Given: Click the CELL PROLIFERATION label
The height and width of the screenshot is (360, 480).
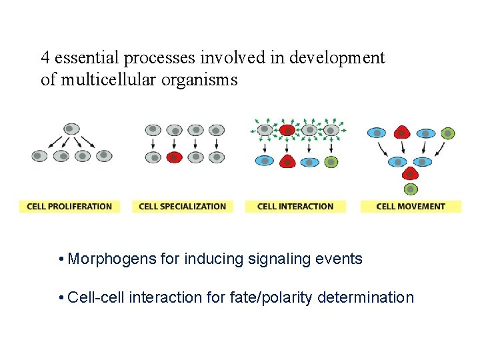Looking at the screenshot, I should coord(69,206).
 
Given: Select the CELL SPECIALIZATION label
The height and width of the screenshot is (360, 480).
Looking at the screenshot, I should coord(182,206).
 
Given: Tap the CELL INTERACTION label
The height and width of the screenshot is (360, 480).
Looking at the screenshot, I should coord(295,206).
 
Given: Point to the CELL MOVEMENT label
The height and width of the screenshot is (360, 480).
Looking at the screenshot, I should coord(411,206).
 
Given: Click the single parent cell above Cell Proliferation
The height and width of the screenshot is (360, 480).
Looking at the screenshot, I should coord(71,129).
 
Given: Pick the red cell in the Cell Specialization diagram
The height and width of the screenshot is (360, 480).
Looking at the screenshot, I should coord(173,157).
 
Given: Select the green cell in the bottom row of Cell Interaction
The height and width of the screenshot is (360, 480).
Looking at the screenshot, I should coord(330,161).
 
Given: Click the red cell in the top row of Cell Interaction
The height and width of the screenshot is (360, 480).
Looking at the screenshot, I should coord(287,129).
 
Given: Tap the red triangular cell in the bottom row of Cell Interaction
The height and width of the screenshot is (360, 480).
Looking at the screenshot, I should coord(287,161).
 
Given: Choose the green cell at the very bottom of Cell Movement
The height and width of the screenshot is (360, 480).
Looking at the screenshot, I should coord(411,189).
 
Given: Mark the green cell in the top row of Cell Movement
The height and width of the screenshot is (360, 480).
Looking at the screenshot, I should coord(448,133).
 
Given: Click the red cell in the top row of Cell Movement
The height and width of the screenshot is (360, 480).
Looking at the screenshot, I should coord(401,133).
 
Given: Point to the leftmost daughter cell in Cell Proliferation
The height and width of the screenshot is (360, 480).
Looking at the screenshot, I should coord(40,156).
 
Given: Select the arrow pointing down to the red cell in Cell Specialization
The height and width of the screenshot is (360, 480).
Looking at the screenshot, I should coord(174,143).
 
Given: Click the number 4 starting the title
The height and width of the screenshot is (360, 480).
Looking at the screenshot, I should coord(45,58).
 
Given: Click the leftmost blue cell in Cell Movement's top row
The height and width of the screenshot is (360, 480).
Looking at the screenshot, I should coord(377,133).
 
